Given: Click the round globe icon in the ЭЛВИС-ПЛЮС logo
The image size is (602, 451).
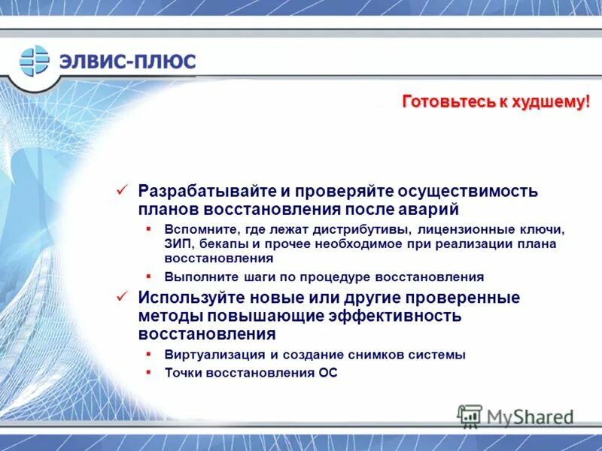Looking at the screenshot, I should click(x=34, y=60).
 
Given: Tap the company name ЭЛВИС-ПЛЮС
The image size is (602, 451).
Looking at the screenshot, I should click(x=128, y=61).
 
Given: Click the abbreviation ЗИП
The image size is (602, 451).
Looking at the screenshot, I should click(x=178, y=244).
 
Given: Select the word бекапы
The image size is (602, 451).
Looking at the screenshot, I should click(x=225, y=244).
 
